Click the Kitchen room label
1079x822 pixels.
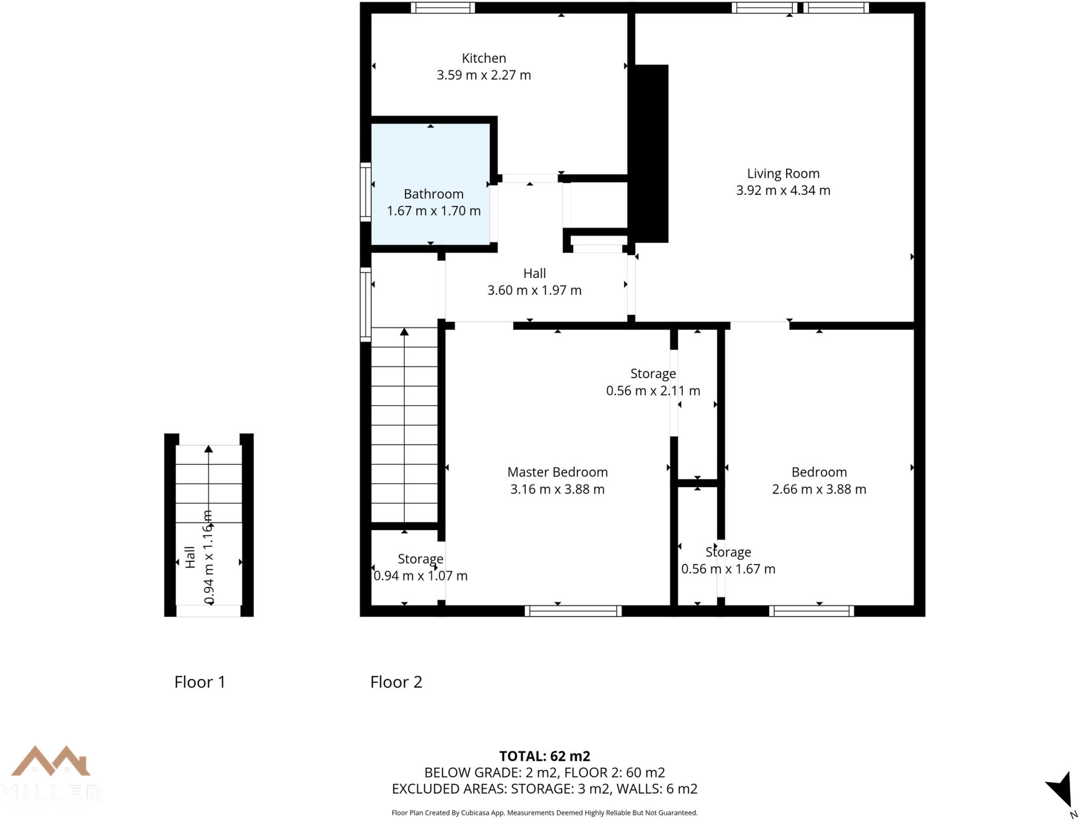pos(484,58)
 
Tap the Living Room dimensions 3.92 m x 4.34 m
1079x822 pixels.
pos(783,191)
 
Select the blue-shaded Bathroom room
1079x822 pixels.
pos(431,158)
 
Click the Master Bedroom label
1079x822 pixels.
pos(557,472)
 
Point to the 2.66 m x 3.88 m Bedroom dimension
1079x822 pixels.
pos(819,489)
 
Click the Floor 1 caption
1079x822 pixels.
pos(200,682)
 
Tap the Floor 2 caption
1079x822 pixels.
pos(396,682)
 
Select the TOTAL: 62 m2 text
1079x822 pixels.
pos(544,756)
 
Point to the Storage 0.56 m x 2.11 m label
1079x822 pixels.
pos(653,382)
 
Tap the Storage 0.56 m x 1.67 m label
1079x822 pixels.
pos(728,560)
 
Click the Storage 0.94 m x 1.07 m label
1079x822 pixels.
pos(420,567)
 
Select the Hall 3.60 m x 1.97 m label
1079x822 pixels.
pos(534,282)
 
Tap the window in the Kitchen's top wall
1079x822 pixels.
pos(443,7)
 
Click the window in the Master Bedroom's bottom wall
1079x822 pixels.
pos(573,611)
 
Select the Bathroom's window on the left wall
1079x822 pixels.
pos(365,192)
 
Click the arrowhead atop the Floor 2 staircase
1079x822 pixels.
pos(404,332)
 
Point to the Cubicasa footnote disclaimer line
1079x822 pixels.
pos(544,813)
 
